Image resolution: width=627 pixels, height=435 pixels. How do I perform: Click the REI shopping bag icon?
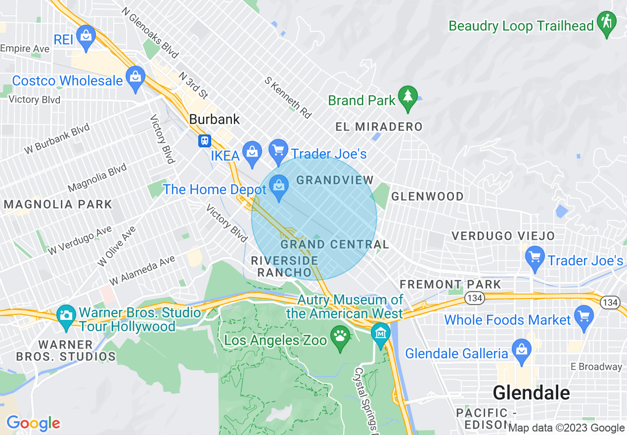coord(87,36)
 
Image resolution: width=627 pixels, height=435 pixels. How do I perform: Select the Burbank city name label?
coord(215,119)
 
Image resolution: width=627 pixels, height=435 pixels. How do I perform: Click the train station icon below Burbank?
coord(204,141)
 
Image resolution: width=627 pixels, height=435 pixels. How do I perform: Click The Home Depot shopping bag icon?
coord(279,186)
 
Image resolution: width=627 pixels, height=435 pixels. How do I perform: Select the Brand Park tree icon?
coord(407,96)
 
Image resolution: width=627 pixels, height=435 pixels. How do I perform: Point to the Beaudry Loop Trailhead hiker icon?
coord(606,22)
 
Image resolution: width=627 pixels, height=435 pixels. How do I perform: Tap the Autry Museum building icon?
coord(381,333)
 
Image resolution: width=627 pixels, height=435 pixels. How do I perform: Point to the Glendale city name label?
coord(531,393)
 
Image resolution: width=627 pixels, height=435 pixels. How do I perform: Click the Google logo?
coord(33,423)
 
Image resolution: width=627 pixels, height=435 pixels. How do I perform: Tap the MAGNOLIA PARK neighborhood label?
coord(58,204)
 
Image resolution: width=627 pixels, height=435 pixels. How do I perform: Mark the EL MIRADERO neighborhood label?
coord(379,127)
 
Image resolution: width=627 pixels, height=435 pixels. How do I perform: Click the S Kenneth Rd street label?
coord(288,97)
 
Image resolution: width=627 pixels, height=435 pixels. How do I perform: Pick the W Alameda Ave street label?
coord(142,270)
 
